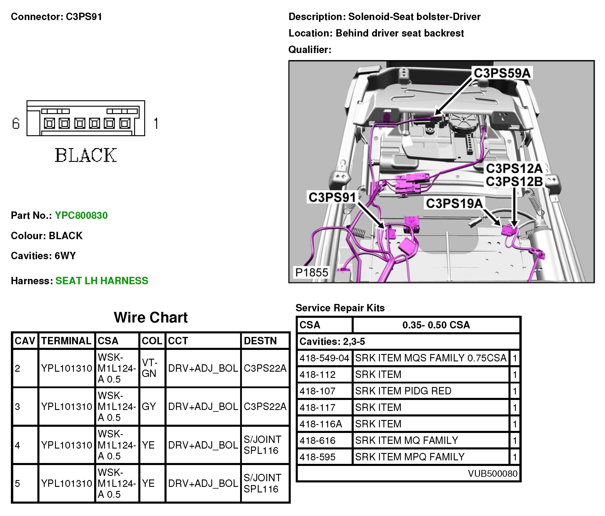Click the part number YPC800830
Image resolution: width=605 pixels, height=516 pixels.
pos(81,216)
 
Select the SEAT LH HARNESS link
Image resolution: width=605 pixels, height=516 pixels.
pos(102,281)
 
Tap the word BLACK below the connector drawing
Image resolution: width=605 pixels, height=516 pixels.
pos(86,155)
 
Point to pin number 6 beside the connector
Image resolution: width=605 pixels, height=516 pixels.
pos(16,123)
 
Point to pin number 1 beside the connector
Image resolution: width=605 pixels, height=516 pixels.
pos(156,123)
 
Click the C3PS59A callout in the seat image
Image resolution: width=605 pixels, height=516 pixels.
pos(502,73)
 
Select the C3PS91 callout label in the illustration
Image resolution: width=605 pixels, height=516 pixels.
pos(332,197)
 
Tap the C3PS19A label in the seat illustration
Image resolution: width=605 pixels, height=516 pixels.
pos(454,204)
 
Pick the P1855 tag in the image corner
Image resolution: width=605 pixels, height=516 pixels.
pos(312,272)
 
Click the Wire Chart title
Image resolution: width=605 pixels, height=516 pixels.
pos(151,317)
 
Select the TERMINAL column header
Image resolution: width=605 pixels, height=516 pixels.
pos(66,341)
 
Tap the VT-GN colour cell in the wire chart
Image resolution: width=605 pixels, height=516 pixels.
pos(149,368)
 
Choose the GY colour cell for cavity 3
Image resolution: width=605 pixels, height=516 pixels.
pos(149,406)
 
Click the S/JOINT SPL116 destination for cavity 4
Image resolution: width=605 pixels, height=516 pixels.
pos(262,445)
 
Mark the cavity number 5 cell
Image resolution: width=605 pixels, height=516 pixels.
pos(18,483)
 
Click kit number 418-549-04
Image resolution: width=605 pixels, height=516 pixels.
pos(324,358)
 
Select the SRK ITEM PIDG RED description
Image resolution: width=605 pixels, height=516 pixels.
pos(403,391)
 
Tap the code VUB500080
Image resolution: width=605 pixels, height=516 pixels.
pos(493,474)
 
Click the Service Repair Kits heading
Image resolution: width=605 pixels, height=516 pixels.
pos(340,308)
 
